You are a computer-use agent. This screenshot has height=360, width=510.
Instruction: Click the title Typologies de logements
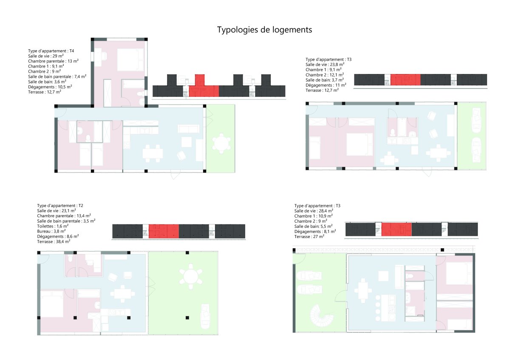coord(265,30)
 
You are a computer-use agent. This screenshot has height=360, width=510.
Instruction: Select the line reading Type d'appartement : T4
coord(51,51)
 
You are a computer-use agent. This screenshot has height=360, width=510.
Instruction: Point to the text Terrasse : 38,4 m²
coord(54,241)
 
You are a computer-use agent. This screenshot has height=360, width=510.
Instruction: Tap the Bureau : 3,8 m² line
coord(51,231)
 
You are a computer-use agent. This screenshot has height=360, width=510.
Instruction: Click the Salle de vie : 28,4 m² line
coord(314,211)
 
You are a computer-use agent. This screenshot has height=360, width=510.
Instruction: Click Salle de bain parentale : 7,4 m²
coord(57,77)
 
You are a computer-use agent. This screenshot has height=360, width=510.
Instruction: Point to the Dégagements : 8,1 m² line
coord(315,231)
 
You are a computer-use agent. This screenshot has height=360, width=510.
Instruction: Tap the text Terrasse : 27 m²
coord(309,236)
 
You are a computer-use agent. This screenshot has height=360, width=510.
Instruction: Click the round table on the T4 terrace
coord(221,143)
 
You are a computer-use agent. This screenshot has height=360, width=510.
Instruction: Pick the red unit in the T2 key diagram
coord(164,231)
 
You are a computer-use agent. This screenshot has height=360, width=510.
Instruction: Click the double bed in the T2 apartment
coord(51,303)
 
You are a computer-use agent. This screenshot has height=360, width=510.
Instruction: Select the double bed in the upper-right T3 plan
coord(360,140)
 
